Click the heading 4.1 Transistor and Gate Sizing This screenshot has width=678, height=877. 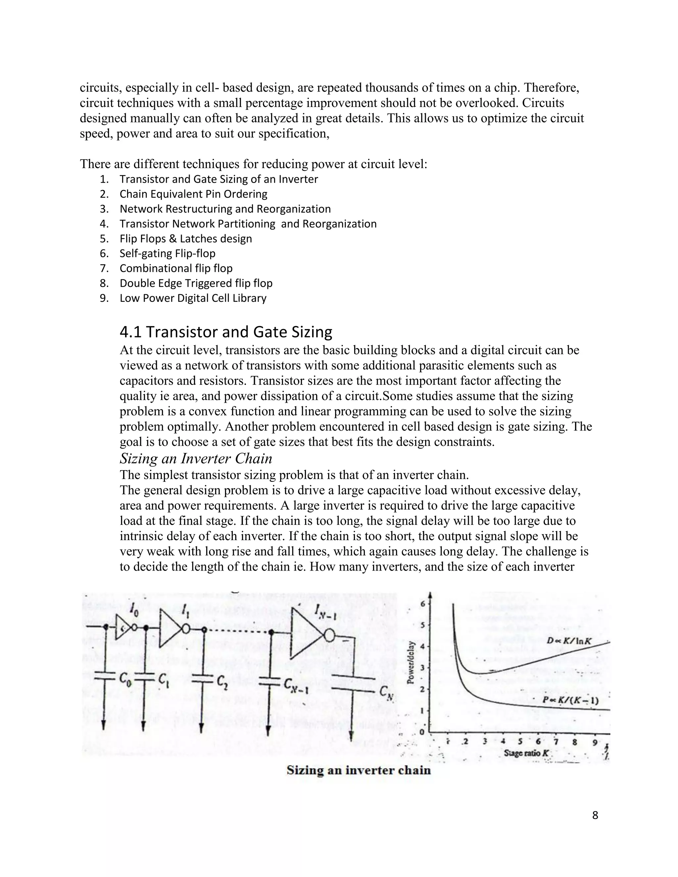click(226, 332)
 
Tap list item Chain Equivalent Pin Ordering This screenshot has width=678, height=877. click(193, 194)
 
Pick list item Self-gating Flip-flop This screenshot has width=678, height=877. click(167, 254)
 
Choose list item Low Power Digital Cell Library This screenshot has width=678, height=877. click(193, 298)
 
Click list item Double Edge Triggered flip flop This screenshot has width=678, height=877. click(196, 283)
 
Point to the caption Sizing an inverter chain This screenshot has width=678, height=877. click(358, 770)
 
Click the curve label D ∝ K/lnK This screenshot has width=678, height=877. click(569, 641)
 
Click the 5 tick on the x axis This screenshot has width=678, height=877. click(520, 742)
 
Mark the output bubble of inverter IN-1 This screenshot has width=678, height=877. click(329, 636)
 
